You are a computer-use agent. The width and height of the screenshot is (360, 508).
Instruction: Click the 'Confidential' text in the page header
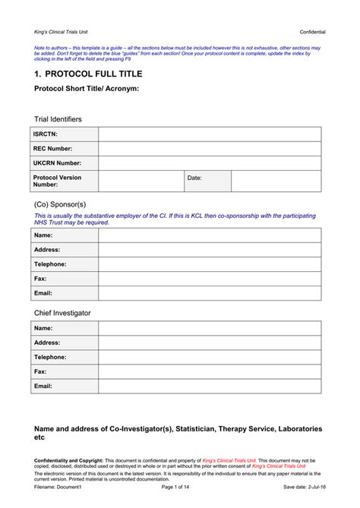pyautogui.click(x=313, y=32)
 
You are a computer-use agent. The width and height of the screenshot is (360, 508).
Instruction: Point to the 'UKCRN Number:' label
pyautogui.click(x=57, y=162)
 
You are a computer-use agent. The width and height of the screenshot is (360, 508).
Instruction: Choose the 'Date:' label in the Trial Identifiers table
pyautogui.click(x=195, y=178)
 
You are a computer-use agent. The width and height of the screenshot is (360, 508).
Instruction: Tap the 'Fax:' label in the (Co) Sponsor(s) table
pyautogui.click(x=40, y=278)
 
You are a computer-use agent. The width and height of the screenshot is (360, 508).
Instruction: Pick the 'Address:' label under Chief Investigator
pyautogui.click(x=46, y=342)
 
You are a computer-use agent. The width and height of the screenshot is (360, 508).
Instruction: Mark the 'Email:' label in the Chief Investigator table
pyautogui.click(x=43, y=386)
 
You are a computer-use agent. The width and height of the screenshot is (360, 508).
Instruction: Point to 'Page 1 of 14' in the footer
pyautogui.click(x=179, y=486)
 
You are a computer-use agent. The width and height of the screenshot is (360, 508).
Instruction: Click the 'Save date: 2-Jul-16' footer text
pyautogui.click(x=305, y=486)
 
